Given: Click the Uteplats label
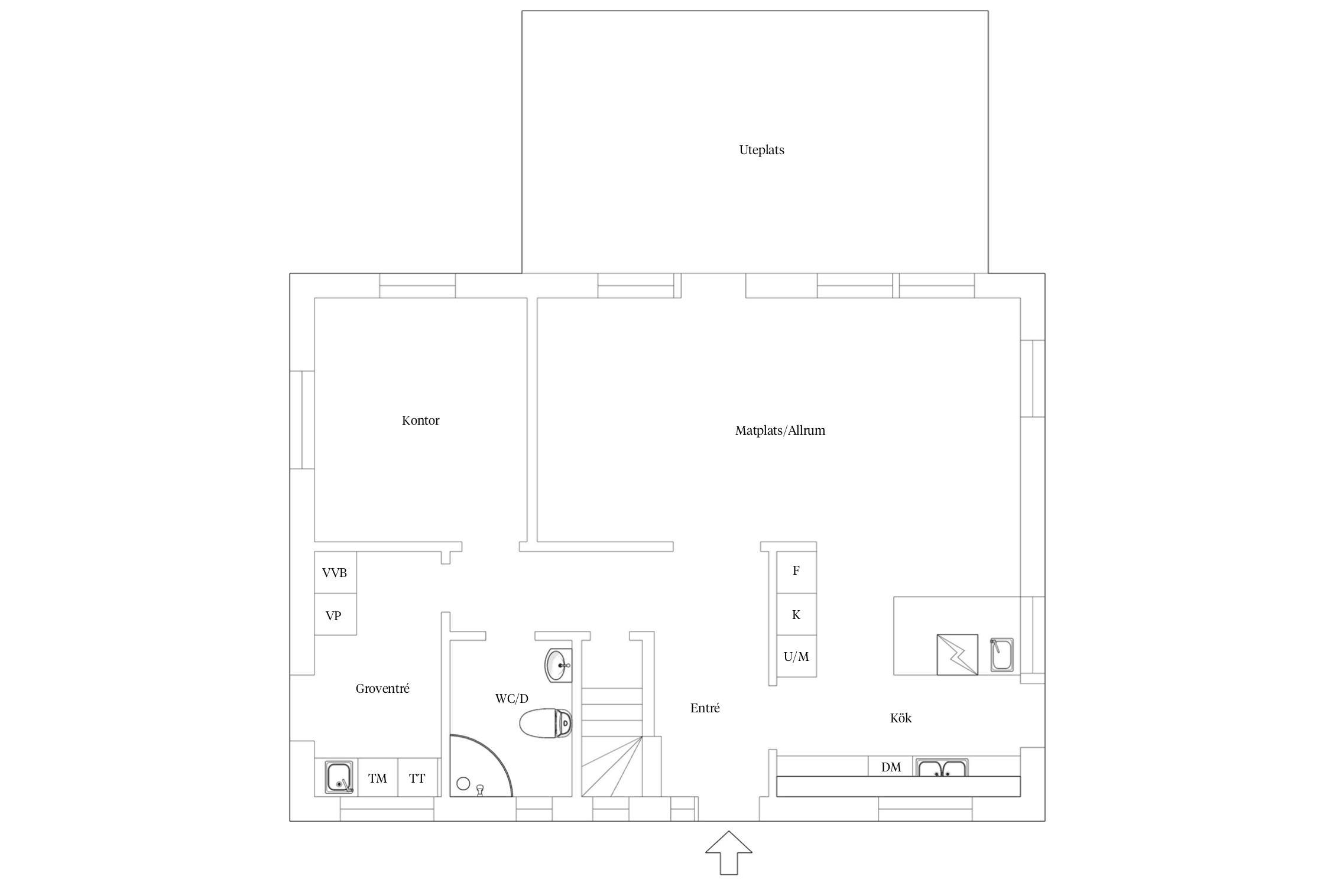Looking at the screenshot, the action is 761,150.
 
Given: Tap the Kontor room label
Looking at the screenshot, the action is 420,421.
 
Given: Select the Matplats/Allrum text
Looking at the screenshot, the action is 780,431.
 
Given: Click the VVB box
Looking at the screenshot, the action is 335,572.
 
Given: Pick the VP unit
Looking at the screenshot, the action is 335,614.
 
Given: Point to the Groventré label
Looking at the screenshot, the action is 382,689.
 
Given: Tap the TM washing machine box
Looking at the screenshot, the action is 378,778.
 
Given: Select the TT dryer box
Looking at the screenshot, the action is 417,778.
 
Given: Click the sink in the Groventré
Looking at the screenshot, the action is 339,777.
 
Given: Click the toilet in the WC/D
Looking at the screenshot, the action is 546,723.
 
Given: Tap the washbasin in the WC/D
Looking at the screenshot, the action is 557,665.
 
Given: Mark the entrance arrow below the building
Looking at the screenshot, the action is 729,852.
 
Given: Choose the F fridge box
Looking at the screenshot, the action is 796,572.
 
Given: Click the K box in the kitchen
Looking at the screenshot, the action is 796,614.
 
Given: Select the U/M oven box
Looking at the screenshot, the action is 796,656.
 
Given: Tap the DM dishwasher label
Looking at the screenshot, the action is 891,767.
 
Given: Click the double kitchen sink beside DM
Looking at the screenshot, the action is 942,768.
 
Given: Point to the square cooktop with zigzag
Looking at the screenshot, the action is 957,654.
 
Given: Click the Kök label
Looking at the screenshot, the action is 901,718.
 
